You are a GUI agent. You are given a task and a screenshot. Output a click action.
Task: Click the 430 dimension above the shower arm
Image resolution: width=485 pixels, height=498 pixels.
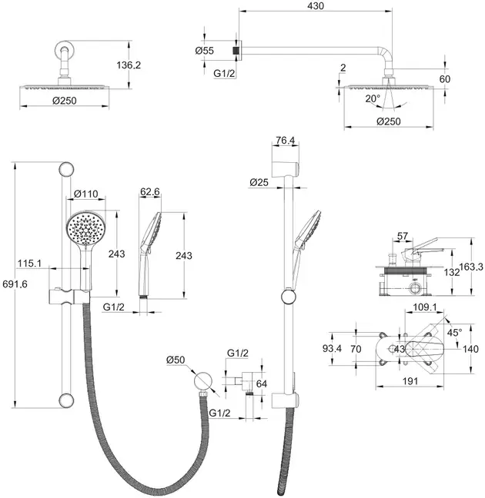click(x=316, y=5)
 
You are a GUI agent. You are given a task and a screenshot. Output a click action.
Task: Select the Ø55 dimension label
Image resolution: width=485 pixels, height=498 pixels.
click(x=205, y=51)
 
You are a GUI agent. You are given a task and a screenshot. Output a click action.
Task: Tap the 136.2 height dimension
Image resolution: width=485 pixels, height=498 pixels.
click(x=129, y=65)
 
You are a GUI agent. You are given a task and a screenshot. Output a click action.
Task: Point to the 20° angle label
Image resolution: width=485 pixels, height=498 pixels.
click(x=373, y=99)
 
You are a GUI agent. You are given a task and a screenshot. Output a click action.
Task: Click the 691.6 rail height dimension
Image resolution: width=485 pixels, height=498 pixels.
click(x=15, y=284)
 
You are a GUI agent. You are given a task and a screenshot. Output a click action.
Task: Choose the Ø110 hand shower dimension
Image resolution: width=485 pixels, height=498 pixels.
click(x=86, y=194)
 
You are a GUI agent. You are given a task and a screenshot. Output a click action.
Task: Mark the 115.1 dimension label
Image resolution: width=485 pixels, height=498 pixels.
click(x=29, y=263)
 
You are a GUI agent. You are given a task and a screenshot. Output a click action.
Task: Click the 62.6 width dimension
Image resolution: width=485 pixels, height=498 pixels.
click(x=150, y=191)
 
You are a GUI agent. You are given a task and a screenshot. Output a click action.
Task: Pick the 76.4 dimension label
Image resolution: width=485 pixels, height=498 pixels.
click(x=285, y=140)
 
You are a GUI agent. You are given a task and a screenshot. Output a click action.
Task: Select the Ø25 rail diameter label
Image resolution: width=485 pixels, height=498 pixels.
click(x=259, y=182)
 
